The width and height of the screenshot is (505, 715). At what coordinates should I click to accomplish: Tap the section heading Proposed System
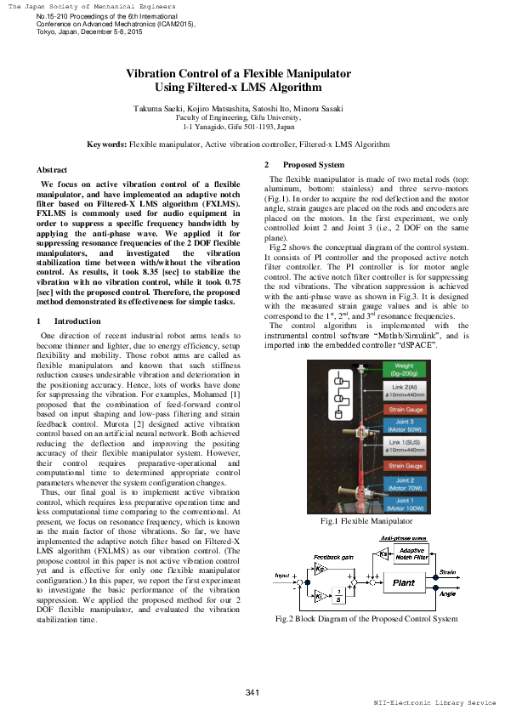(314, 164)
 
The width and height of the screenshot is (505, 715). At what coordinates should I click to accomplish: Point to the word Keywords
(106, 145)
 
